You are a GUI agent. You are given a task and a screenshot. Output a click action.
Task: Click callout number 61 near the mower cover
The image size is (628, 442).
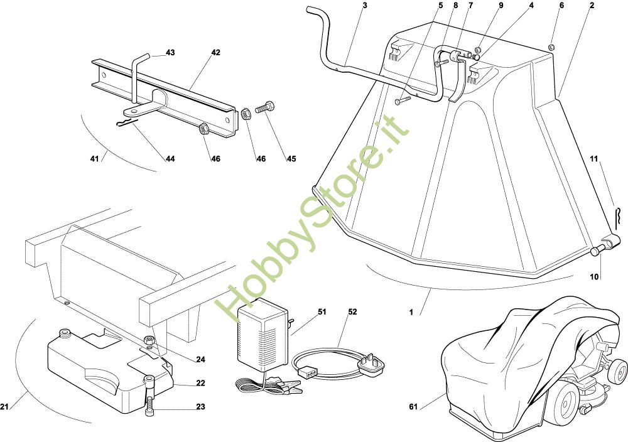click(413, 407)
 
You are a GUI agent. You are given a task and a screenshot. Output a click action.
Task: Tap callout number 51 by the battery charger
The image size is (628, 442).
click(322, 311)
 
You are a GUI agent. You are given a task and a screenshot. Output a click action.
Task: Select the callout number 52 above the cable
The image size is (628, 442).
click(352, 311)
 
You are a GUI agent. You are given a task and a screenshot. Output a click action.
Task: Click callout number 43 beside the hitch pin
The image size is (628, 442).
click(170, 52)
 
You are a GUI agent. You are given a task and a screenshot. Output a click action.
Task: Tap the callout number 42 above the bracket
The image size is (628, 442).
click(215, 53)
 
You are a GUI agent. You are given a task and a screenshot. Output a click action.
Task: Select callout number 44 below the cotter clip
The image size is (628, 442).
click(170, 159)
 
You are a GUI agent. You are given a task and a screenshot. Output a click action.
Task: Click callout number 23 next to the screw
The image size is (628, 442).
click(200, 407)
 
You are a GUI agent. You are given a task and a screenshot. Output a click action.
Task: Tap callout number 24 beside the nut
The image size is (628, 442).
click(200, 360)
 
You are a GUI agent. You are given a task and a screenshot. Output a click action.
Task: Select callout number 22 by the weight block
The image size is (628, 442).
click(200, 383)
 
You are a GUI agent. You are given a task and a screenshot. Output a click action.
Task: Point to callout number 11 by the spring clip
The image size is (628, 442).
click(593, 159)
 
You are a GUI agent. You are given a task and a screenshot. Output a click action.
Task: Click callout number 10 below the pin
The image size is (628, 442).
click(593, 276)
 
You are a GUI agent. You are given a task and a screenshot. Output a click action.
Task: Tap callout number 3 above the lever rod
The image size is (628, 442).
click(365, 5)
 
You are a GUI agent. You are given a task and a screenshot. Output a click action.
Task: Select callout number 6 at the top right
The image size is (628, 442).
click(561, 5)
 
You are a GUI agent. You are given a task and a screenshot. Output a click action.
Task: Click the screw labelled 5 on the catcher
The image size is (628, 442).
click(402, 99)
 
